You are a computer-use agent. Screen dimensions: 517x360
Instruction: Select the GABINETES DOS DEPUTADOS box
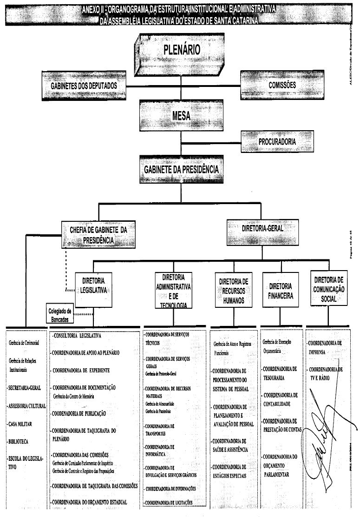pos(84,86)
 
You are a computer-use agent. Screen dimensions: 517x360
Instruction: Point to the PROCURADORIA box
pos(277,141)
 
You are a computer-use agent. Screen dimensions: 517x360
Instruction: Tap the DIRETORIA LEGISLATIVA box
pos(93,285)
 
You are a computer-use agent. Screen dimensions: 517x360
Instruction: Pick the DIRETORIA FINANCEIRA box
pos(280,290)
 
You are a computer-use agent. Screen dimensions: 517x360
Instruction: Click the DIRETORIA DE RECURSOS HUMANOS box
pos(233,290)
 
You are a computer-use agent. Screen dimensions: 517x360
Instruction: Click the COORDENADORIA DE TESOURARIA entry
pos(280,372)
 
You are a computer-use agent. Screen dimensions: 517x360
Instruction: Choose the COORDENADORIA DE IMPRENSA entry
pos(325,347)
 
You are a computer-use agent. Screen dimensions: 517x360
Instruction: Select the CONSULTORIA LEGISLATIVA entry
pos(77,335)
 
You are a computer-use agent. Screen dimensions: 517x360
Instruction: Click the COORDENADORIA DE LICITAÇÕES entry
pos(169,503)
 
